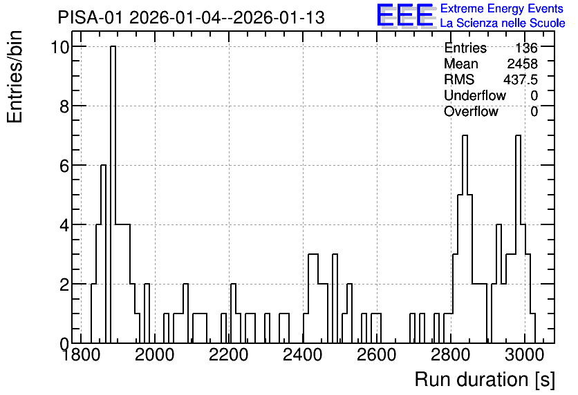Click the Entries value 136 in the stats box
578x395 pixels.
coord(526,48)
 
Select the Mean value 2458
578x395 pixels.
coord(522,64)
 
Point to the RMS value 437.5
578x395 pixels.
coord(520,79)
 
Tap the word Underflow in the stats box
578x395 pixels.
coord(475,95)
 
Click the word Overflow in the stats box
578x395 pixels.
coord(471,111)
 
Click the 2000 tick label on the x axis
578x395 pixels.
coord(154,355)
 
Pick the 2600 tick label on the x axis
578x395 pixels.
coord(376,355)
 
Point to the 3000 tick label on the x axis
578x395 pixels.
coord(524,355)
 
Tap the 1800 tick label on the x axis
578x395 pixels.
coord(81,355)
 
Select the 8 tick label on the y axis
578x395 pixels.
coord(65,106)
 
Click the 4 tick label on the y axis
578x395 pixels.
coord(65,225)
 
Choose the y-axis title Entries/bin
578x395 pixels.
coord(15,77)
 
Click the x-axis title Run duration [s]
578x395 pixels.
coord(485,380)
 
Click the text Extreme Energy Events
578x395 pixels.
coord(502,8)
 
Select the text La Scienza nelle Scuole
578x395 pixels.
coord(503,23)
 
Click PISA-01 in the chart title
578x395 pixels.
coord(90,17)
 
